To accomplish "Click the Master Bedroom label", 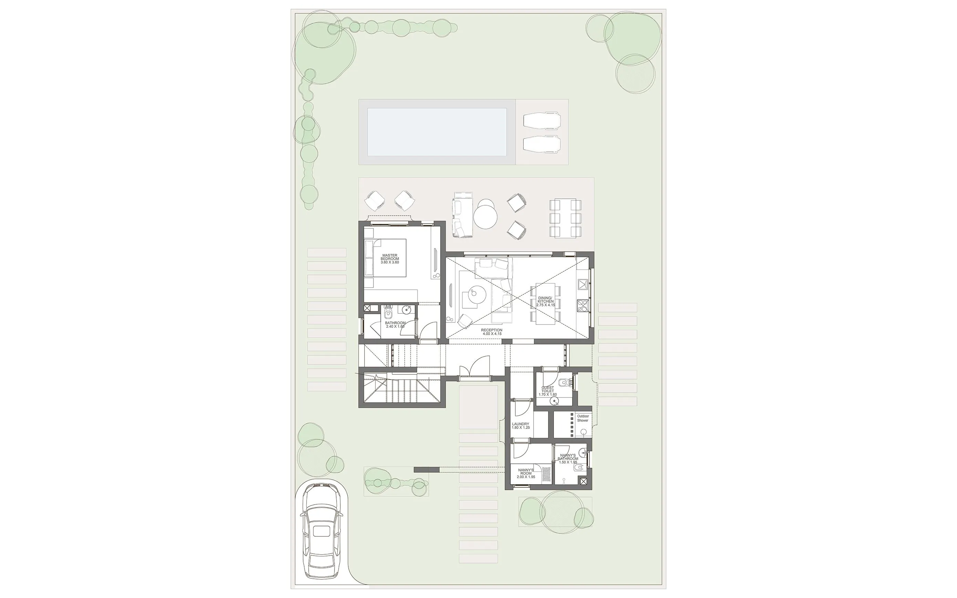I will coord(390,259).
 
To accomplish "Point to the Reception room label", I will coord(492,332).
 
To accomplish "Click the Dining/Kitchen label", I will coord(545,301).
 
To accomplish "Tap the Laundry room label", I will coord(521,425).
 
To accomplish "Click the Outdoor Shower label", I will coord(583,418).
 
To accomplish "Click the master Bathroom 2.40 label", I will coord(395,324).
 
